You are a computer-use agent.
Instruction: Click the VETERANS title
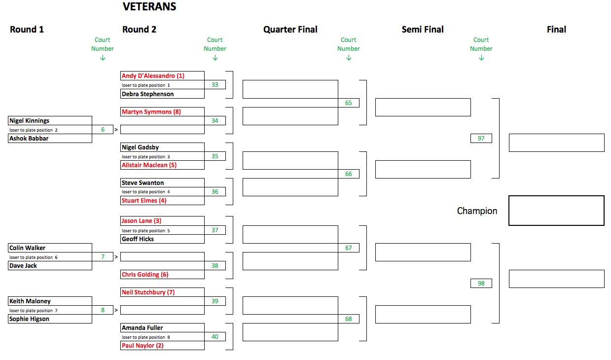click(x=149, y=6)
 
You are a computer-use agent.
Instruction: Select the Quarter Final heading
click(x=290, y=30)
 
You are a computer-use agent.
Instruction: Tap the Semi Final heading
click(x=423, y=30)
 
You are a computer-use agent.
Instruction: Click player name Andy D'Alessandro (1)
click(x=153, y=75)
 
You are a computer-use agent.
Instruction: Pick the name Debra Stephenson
click(x=147, y=94)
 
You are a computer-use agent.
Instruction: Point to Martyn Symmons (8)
click(x=151, y=112)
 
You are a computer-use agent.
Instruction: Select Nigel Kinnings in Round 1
click(x=29, y=120)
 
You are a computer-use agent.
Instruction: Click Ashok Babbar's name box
click(x=50, y=138)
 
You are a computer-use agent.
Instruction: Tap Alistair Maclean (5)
click(x=149, y=165)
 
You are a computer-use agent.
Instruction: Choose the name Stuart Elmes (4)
click(x=144, y=200)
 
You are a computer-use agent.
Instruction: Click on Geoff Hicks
click(x=138, y=239)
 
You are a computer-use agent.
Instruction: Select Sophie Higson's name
click(x=29, y=319)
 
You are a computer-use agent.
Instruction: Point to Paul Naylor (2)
click(x=143, y=346)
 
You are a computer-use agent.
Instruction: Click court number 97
click(x=481, y=138)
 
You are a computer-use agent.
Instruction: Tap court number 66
click(x=348, y=174)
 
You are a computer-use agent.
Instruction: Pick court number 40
click(x=215, y=336)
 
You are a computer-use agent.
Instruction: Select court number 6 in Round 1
click(x=103, y=130)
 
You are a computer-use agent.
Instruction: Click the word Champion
click(x=477, y=211)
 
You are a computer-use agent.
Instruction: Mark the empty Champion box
click(x=556, y=196)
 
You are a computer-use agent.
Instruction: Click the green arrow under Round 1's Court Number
click(x=103, y=58)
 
